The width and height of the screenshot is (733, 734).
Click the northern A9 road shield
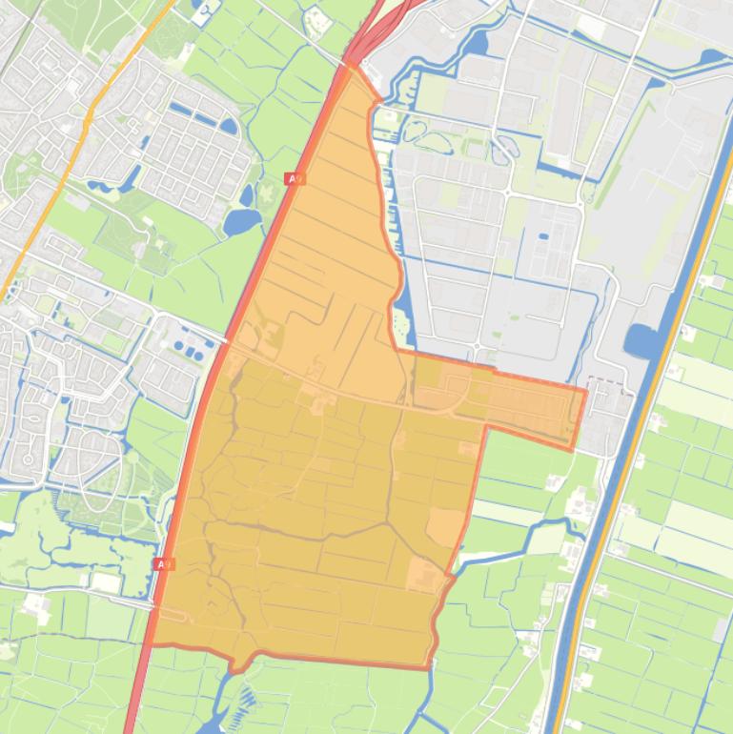click(295, 179)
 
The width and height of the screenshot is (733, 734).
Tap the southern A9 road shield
click(164, 564)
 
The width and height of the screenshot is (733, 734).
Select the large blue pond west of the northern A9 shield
click(242, 221)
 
